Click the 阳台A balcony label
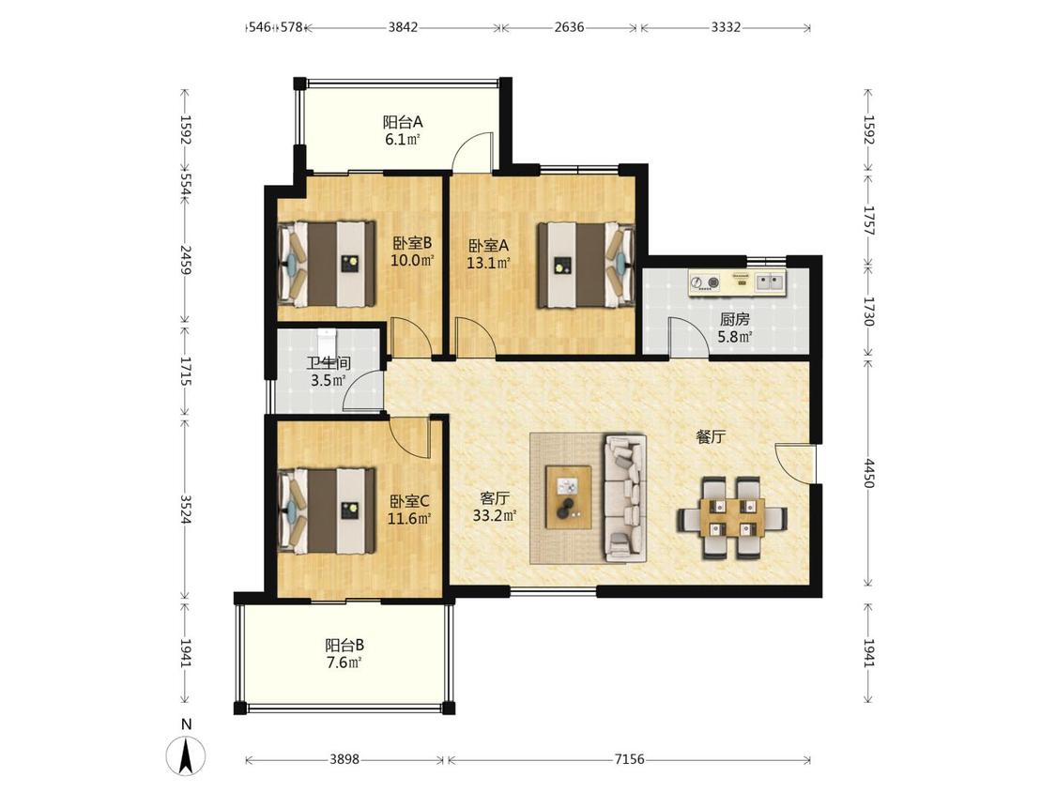[403, 122]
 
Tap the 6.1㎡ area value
[403, 140]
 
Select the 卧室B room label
[412, 242]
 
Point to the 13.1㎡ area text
[488, 263]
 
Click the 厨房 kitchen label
[734, 319]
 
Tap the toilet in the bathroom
[327, 341]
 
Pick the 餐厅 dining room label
[711, 436]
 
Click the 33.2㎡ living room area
[495, 516]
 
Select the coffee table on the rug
[569, 497]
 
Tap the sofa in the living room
[626, 497]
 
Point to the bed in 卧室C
[327, 510]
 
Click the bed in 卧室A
[586, 265]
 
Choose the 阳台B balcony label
[344, 645]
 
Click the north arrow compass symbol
[186, 755]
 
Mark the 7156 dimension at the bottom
[629, 760]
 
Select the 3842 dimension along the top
[403, 27]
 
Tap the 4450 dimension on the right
[869, 474]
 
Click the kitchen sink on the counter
[770, 282]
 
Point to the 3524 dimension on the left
[186, 510]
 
